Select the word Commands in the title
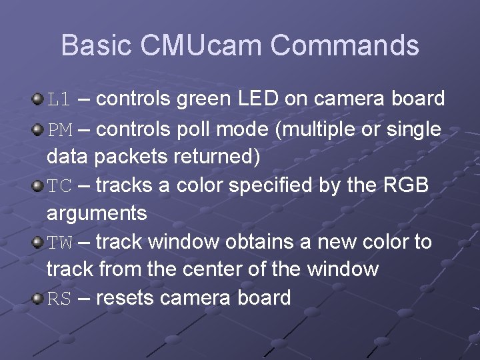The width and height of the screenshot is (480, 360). (x=345, y=45)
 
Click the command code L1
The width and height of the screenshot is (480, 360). (x=59, y=100)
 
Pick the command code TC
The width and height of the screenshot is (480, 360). (x=59, y=186)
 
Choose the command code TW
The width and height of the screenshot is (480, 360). (x=59, y=242)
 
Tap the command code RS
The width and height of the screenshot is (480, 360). (x=59, y=299)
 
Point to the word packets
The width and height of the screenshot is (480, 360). (x=131, y=158)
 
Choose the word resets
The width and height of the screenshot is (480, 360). (x=126, y=298)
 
